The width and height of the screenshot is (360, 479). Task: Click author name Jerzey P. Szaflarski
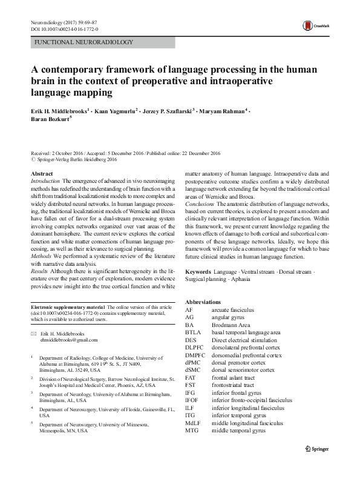(x=166, y=111)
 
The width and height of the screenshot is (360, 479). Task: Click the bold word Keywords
(x=198, y=273)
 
